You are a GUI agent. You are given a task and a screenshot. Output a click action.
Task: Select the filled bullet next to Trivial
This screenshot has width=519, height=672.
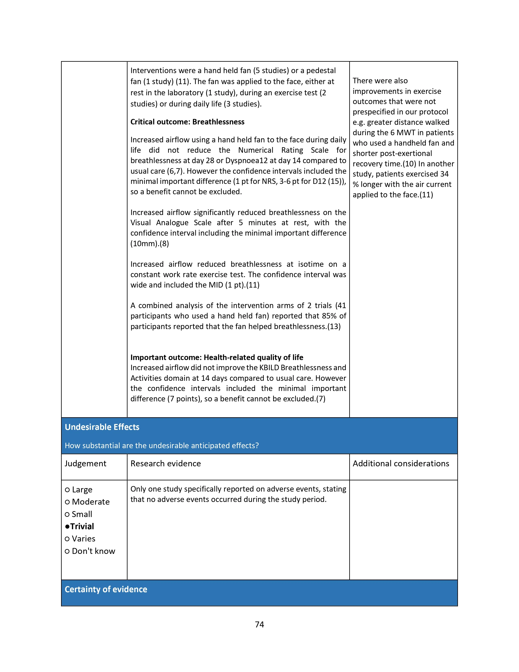[67, 526]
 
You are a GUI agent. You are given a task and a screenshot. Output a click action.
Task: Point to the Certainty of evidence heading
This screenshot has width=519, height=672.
[106, 589]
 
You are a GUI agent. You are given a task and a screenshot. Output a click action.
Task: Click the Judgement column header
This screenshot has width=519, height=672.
[85, 464]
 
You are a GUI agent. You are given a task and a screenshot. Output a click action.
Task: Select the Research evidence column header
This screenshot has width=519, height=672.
[165, 464]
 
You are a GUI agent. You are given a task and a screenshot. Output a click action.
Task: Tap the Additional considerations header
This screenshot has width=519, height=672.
[401, 464]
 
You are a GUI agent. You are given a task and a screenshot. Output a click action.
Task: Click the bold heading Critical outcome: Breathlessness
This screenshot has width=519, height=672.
[187, 122]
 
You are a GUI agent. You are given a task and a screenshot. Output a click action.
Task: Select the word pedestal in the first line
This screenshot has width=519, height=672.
[321, 71]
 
